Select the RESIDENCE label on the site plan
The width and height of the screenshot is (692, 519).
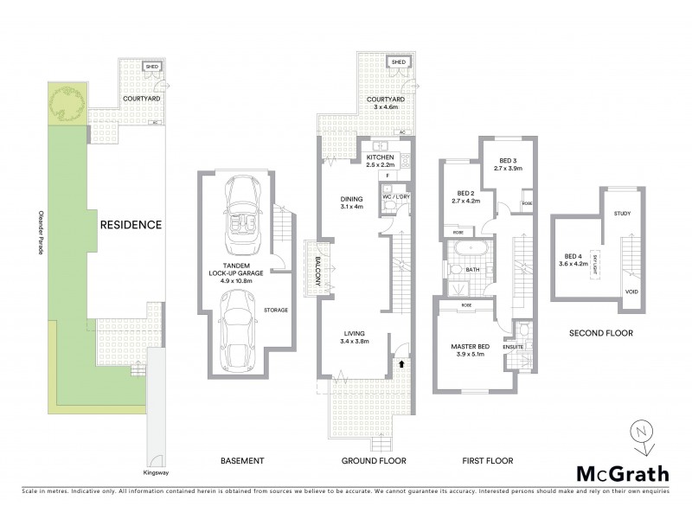tap(130, 225)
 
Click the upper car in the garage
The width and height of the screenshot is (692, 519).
tap(242, 211)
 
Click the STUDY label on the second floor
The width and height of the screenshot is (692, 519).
tap(621, 213)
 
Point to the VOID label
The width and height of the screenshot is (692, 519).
tap(631, 292)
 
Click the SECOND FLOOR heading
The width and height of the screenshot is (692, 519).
tap(601, 332)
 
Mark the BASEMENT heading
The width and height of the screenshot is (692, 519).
tap(242, 461)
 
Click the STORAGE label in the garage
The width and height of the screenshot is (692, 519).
tap(276, 309)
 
